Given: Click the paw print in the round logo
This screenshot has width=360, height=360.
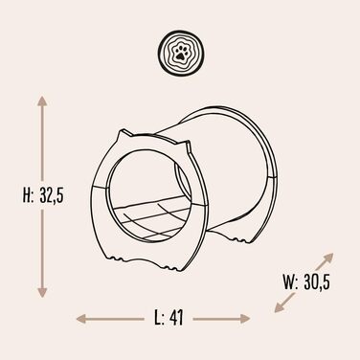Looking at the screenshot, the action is (x=181, y=53).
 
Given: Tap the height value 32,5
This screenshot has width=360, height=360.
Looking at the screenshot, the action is (x=52, y=195).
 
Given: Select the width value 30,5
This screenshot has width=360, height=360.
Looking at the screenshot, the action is (x=317, y=282).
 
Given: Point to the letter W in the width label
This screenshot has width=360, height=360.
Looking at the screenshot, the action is (x=290, y=282).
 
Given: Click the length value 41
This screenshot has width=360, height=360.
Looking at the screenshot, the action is (x=176, y=318).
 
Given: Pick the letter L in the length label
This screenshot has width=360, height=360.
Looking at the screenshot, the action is (x=159, y=318).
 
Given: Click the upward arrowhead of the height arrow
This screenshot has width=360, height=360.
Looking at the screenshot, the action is (x=42, y=101).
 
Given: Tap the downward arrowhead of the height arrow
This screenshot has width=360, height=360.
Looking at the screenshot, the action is (x=42, y=292).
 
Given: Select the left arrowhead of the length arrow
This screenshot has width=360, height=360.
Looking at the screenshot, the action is (x=81, y=319).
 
